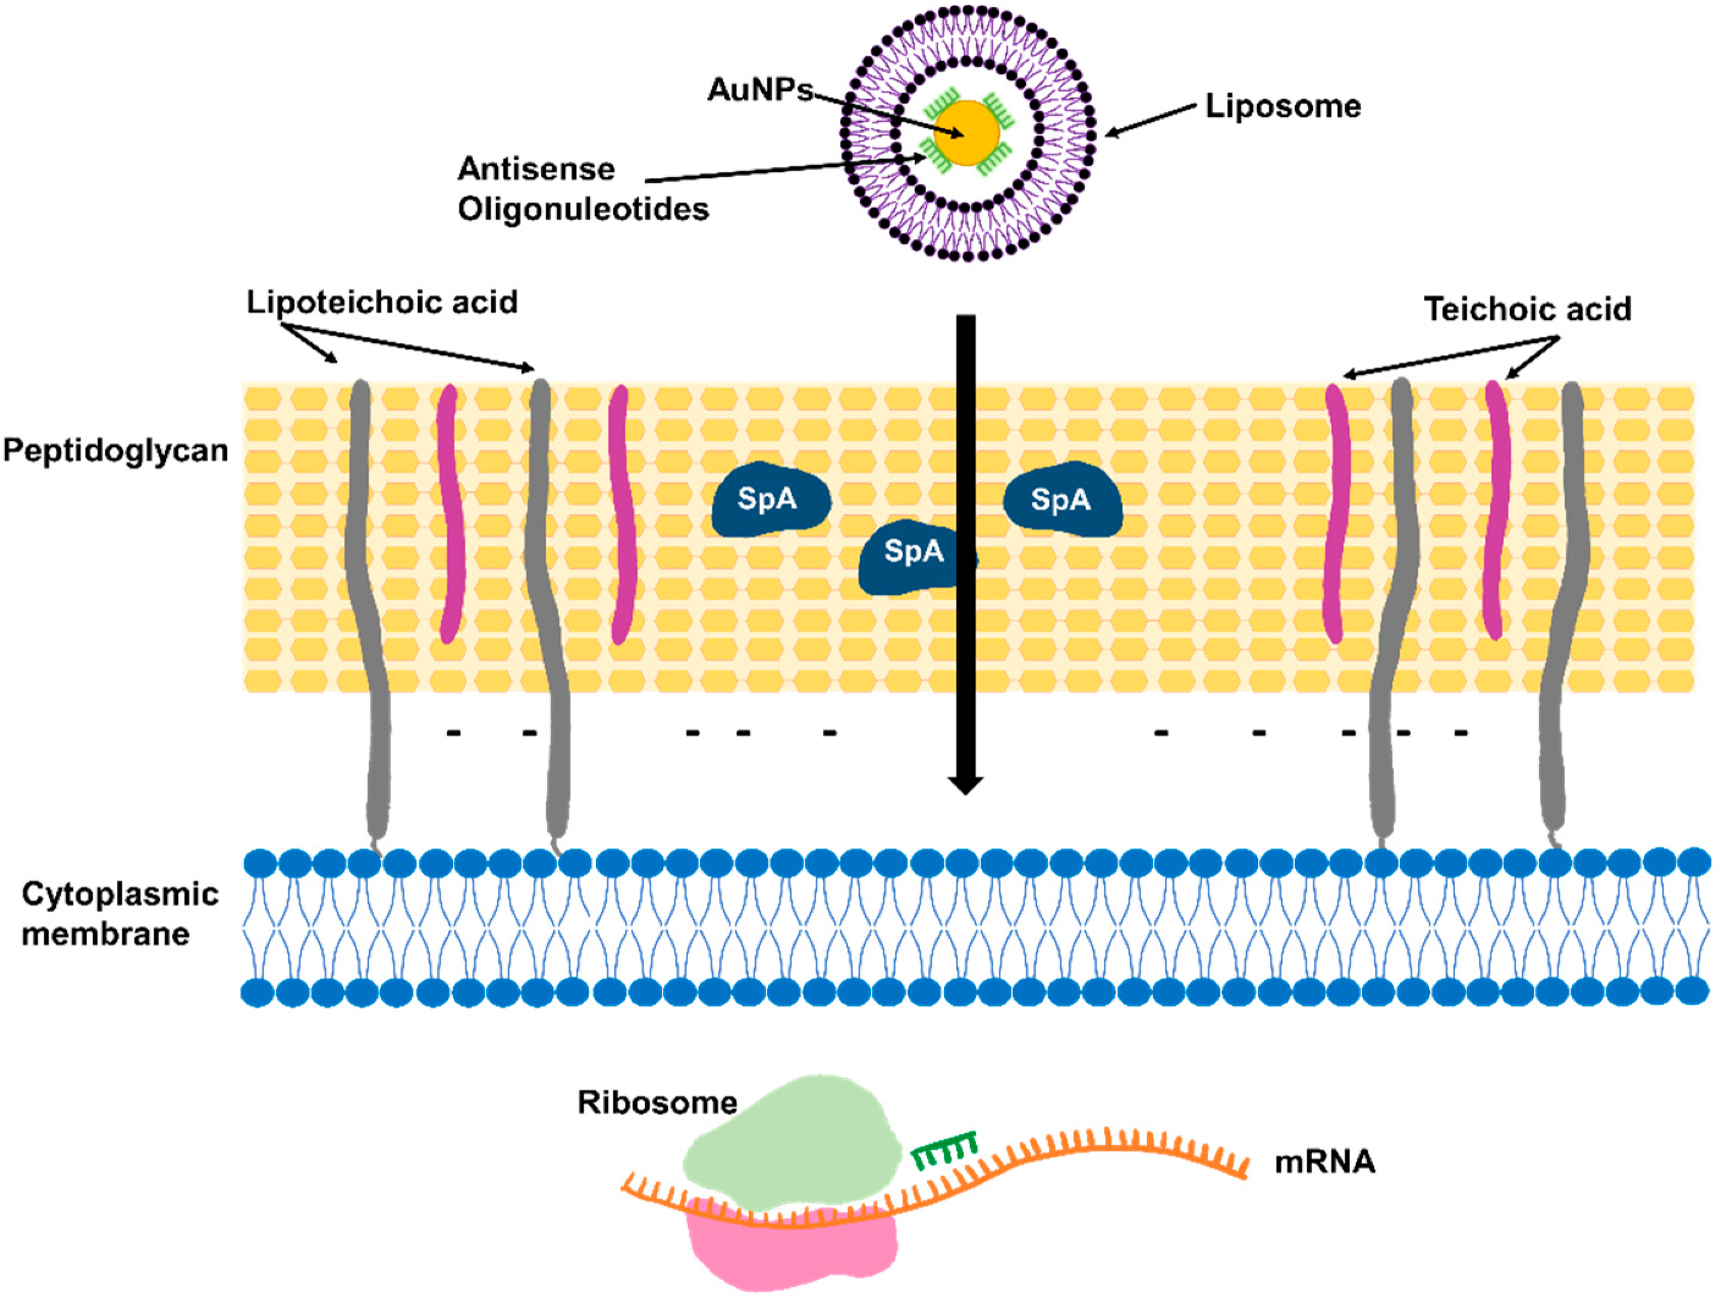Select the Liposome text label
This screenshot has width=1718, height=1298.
(1283, 106)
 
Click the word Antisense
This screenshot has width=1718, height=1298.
(536, 168)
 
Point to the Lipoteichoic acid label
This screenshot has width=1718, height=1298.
(382, 302)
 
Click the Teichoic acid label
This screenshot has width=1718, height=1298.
(1527, 309)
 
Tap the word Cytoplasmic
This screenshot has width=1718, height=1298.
(119, 894)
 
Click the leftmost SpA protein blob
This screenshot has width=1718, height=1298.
(769, 499)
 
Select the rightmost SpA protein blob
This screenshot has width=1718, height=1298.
(1063, 499)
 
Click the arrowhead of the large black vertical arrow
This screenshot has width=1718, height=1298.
(965, 784)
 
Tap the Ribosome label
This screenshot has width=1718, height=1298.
(657, 1102)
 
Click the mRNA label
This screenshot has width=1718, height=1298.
(1325, 1162)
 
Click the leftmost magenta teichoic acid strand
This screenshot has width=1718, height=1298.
(450, 513)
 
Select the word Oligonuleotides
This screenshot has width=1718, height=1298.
(583, 209)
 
